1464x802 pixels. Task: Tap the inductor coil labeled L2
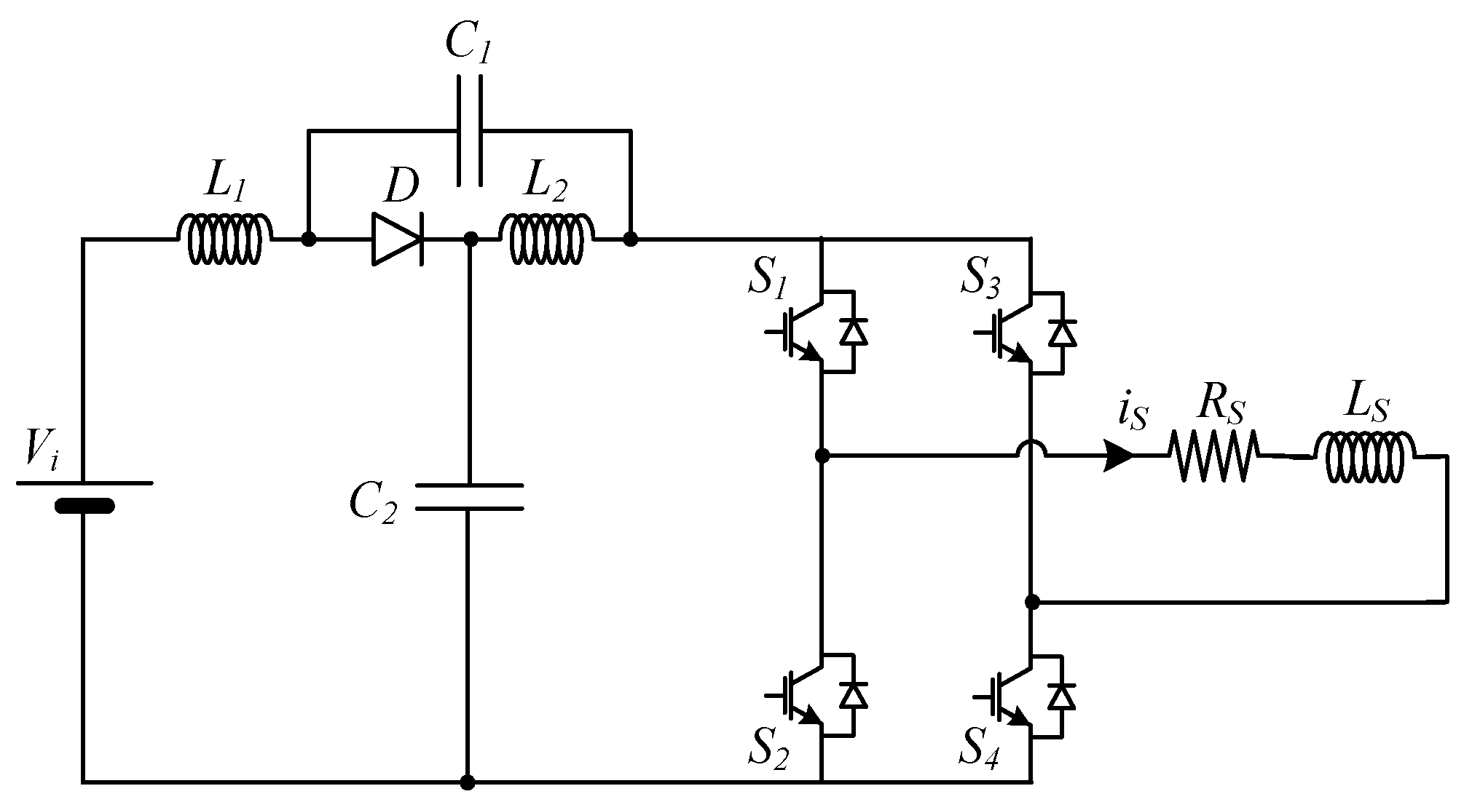pos(546,239)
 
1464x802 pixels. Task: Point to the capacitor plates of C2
pos(468,496)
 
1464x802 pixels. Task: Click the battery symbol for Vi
pos(84,495)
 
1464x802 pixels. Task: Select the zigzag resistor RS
pos(1214,456)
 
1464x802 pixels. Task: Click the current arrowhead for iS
pos(1118,456)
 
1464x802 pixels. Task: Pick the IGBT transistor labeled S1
pos(801,332)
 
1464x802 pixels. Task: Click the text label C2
pos(373,502)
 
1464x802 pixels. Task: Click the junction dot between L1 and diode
pos(308,239)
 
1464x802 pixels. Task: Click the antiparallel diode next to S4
pos(1063,695)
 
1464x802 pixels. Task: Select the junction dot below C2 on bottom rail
pos(468,782)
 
